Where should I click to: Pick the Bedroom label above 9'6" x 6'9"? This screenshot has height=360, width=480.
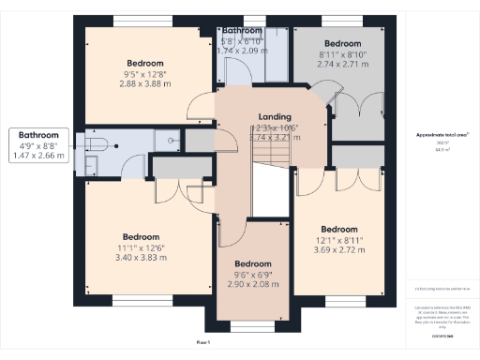click(x=252, y=263)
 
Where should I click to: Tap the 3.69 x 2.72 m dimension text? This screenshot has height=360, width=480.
click(x=338, y=250)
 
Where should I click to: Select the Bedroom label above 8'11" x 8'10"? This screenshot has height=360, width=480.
click(x=342, y=43)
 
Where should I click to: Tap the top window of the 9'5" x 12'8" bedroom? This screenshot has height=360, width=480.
click(x=141, y=21)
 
